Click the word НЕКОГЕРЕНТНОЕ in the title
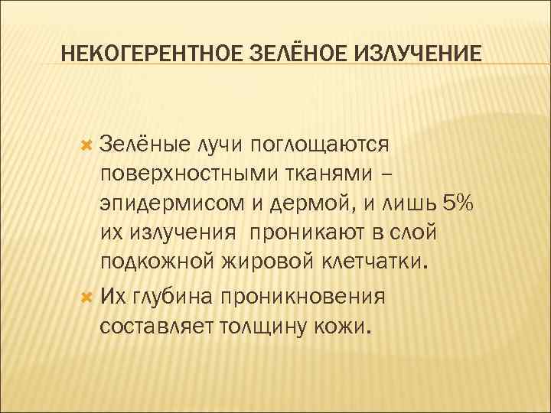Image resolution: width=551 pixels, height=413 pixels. tap(152, 54)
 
